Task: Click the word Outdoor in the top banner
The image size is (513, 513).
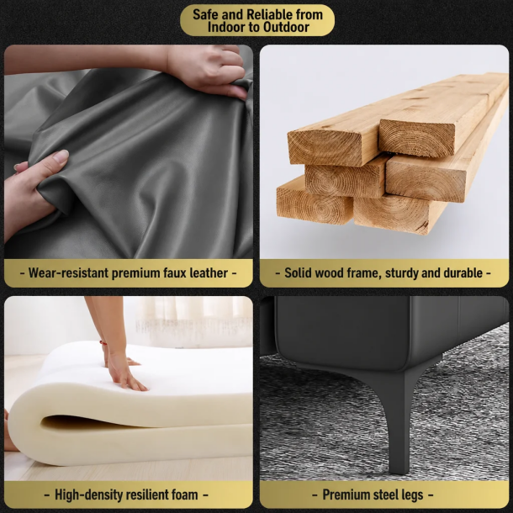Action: coord(286,28)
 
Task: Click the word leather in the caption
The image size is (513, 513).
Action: coord(209,272)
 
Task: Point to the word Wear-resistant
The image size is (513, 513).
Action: coord(68,272)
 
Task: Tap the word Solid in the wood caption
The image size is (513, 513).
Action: coord(297,272)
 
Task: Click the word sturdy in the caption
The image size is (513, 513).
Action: coord(401,273)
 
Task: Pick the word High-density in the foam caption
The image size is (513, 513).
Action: coord(88,495)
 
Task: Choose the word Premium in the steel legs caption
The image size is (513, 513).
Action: coord(343,494)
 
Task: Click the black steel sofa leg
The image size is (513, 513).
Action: coord(399,421)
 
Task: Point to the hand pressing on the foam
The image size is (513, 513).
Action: coord(127,373)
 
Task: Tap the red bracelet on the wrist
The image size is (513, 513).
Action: coord(103,343)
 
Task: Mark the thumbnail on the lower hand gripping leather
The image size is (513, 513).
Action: coord(61,156)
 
